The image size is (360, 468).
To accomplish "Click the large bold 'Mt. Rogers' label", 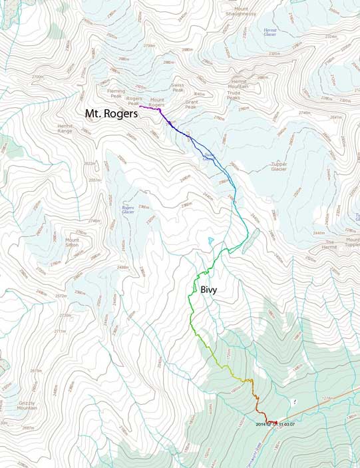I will (x=110, y=114).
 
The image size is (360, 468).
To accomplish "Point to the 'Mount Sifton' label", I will (x=72, y=242).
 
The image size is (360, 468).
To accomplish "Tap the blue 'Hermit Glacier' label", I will (x=270, y=33).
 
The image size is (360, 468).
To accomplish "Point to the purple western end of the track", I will (x=140, y=106).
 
